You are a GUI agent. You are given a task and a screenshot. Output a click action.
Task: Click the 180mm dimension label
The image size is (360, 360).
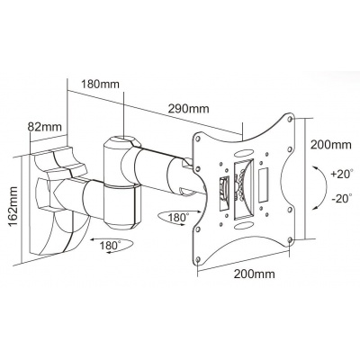tap(100, 84)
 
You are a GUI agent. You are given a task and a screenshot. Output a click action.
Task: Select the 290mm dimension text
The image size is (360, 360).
tap(188, 108)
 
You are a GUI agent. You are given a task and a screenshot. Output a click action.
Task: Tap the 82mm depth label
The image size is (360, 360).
tap(45, 127)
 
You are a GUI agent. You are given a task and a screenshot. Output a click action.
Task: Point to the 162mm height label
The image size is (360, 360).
tap(13, 207)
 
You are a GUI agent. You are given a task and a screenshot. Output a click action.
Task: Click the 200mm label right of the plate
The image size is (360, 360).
tap(330, 145)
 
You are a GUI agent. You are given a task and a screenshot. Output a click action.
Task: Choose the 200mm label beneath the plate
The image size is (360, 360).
tap(255, 274)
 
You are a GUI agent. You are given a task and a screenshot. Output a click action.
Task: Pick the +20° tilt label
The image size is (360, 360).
tap(341, 175)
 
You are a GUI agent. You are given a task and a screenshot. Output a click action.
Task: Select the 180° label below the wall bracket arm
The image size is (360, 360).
tap(110, 245)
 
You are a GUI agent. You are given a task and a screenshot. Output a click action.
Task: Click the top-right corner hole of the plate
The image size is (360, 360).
tap(290, 119)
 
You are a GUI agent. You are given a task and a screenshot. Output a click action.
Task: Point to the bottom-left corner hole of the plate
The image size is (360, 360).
tap(197, 259)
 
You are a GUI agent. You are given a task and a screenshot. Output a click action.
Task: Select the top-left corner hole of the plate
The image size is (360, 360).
tap(198, 139)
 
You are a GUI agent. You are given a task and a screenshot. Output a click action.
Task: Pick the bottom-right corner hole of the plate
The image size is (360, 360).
tap(290, 239)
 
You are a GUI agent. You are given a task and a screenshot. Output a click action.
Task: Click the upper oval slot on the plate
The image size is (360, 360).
tap(243, 153)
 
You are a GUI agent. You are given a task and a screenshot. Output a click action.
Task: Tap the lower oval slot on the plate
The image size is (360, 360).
tap(243, 225)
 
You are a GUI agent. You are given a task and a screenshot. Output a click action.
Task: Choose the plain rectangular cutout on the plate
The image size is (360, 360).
tap(264, 186)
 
